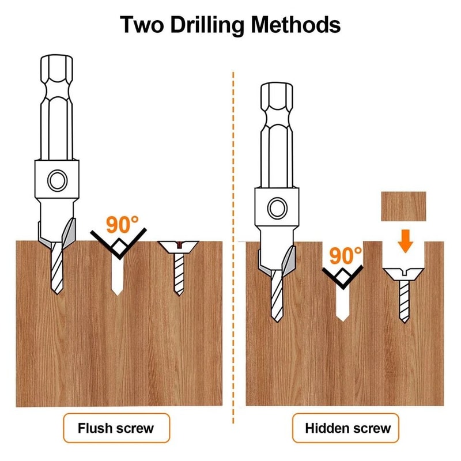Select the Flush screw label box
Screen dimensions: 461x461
(x=116, y=428)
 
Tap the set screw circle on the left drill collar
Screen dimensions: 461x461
(x=56, y=180)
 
